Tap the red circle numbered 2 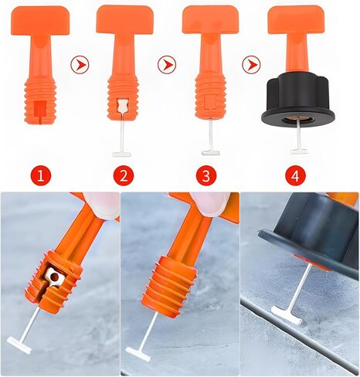[122, 175]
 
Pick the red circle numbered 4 [294, 175]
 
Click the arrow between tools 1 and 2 [78, 64]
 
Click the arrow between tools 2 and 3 [165, 64]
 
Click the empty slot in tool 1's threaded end [36, 105]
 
